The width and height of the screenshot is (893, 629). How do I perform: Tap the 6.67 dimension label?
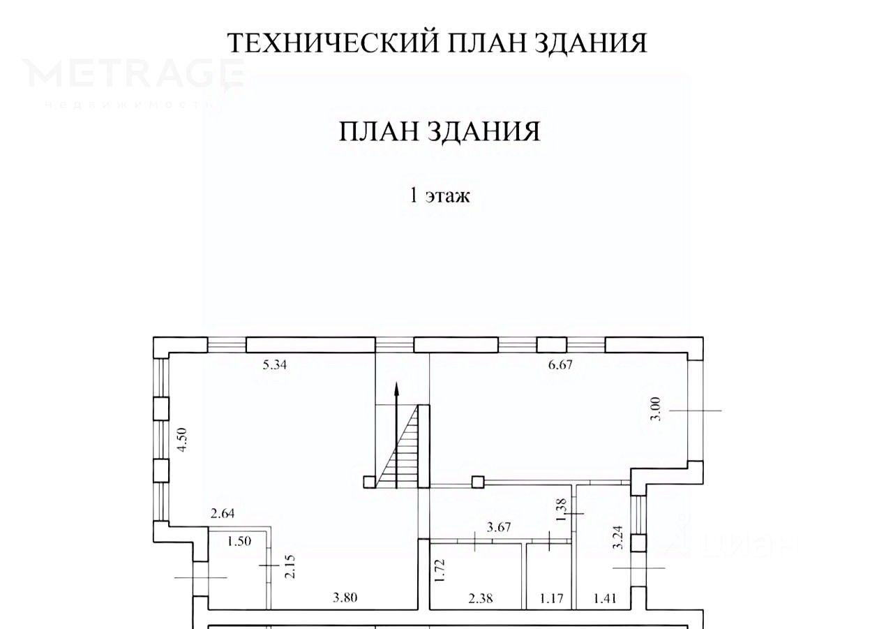(560, 364)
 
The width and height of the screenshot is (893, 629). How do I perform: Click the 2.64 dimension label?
(223, 515)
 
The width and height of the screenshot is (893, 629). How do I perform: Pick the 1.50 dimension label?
(239, 540)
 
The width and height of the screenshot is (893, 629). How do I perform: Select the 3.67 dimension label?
(500, 527)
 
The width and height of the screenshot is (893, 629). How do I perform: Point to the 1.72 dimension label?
(439, 570)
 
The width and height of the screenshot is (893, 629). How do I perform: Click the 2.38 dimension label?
(481, 598)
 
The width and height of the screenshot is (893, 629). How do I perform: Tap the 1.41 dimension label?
(605, 598)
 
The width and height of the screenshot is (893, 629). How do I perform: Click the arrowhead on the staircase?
(396, 389)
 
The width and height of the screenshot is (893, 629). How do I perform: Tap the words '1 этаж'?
(440, 195)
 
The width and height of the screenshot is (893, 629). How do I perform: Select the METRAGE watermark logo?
(133, 75)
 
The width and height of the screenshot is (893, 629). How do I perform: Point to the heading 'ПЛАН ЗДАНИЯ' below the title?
(440, 132)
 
